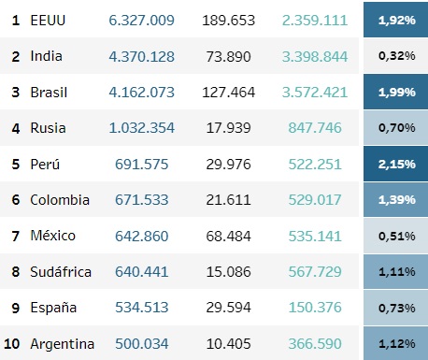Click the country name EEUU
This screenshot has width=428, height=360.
pyautogui.click(x=48, y=21)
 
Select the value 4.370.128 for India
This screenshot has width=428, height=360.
pyautogui.click(x=141, y=57)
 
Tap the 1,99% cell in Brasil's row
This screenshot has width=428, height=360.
pyautogui.click(x=395, y=92)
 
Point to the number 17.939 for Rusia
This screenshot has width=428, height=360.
pyautogui.click(x=228, y=128)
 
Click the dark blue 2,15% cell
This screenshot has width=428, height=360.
pyautogui.click(x=395, y=164)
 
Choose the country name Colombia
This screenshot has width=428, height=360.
pyautogui.click(x=60, y=200)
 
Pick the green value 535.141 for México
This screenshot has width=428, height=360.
pyautogui.click(x=315, y=236)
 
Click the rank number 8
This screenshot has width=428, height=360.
pyautogui.click(x=16, y=272)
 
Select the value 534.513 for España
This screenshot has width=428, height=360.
pyautogui.click(x=141, y=308)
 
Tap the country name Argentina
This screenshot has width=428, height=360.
pyautogui.click(x=63, y=344)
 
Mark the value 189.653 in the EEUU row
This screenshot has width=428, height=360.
pyautogui.click(x=228, y=21)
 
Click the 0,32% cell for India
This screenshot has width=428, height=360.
pyautogui.click(x=395, y=56)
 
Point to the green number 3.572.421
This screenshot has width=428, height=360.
pyautogui.click(x=315, y=93)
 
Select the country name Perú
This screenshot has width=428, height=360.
pyautogui.click(x=45, y=164)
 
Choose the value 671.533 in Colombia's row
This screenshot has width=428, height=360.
pyautogui.click(x=141, y=200)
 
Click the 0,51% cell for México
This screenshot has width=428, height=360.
pyautogui.click(x=395, y=236)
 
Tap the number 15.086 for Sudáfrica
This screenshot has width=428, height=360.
pyautogui.click(x=228, y=272)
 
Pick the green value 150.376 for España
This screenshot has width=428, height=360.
pyautogui.click(x=315, y=308)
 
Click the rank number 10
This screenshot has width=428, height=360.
pyautogui.click(x=12, y=344)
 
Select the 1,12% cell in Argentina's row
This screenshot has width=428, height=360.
pyautogui.click(x=395, y=343)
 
